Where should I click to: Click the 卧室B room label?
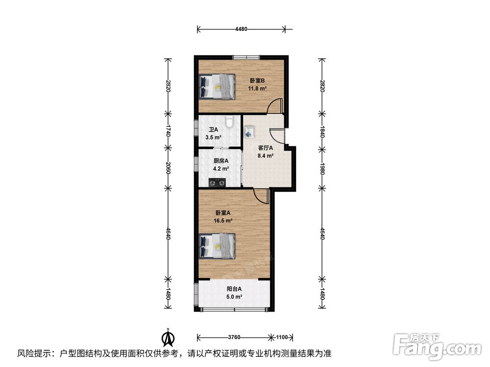point(257,81)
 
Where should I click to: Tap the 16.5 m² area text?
point(223,221)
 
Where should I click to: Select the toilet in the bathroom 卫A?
point(230,121)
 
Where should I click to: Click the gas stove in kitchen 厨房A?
point(217,182)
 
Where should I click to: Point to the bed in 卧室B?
point(217,87)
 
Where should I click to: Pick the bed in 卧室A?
point(217,246)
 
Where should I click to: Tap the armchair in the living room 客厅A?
point(249,131)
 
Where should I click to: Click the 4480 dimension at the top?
point(241,29)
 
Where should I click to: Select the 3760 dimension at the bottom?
point(234,337)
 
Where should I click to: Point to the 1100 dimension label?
point(282,337)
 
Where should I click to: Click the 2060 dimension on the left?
point(168,168)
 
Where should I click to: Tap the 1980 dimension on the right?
point(322,168)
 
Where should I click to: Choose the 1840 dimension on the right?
point(322,131)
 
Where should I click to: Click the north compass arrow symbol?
point(168,337)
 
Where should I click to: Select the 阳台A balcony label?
point(234,289)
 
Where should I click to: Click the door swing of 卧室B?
point(275,106)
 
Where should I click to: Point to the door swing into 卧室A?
point(261,196)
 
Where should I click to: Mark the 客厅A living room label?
point(265,148)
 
